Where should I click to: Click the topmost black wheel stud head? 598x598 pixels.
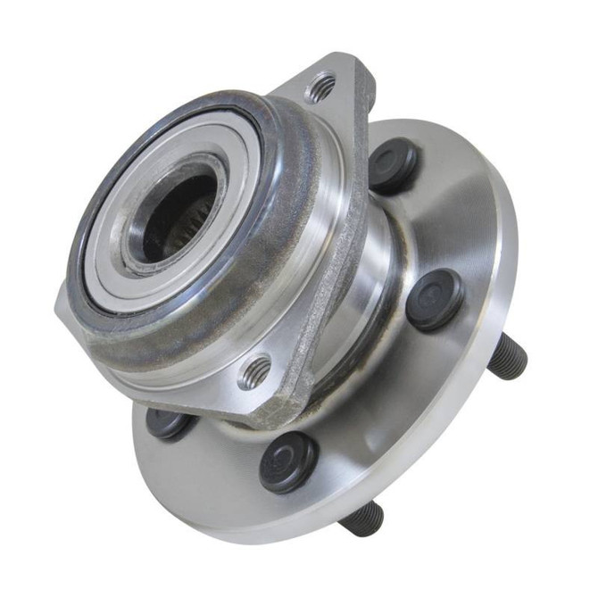(393, 165)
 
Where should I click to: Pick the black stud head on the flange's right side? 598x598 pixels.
(435, 299)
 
